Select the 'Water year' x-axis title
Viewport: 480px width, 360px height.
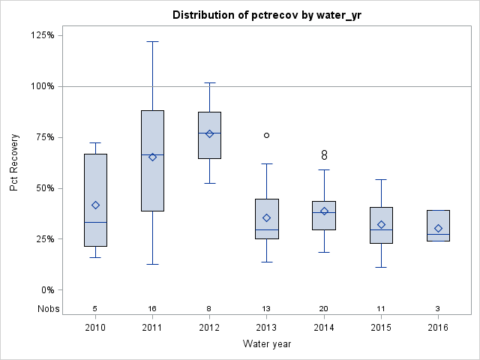267,344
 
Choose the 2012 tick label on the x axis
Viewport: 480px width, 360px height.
209,328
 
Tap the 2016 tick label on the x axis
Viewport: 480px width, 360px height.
438,328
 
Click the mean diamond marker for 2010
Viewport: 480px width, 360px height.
95,205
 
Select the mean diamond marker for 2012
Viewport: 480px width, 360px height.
209,133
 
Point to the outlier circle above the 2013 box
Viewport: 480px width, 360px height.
266,135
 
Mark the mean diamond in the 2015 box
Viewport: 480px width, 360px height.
381,224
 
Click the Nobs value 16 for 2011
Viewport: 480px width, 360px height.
152,308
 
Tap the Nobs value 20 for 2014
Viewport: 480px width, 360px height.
324,308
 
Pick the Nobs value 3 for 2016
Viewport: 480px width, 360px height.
438,308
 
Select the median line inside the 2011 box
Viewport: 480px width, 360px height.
152,154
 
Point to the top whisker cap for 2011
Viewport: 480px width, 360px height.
152,41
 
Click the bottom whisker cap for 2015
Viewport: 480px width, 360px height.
381,267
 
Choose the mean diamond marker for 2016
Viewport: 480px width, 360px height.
438,228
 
